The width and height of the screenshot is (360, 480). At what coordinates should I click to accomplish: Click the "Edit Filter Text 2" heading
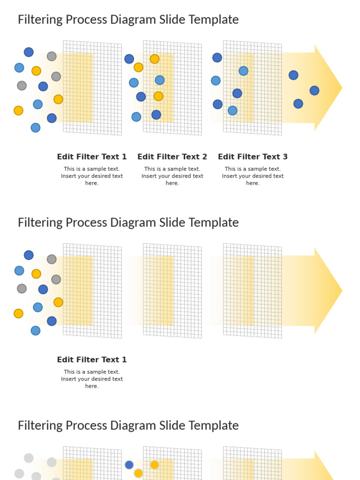point(172,157)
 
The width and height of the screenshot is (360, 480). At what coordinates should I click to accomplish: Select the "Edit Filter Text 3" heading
point(253,157)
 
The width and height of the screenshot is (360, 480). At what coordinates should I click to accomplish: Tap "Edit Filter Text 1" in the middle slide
point(92,360)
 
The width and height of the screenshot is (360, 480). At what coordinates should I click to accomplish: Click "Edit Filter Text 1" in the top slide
point(92,157)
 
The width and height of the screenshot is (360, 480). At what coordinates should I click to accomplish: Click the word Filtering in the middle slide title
point(39,223)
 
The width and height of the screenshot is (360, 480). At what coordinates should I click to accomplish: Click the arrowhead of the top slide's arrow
point(328,88)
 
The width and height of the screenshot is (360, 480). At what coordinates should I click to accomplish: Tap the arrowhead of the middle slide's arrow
point(328,291)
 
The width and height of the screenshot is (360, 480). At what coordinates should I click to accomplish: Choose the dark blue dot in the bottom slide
point(129,465)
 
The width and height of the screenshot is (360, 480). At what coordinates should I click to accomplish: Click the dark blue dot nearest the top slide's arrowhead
point(315,90)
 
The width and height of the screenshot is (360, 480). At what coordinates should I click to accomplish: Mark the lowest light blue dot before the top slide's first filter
point(36,127)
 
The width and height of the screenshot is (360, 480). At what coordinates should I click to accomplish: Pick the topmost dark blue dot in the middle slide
point(29,255)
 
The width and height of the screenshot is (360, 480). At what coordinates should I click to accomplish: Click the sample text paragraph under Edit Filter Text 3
point(253,176)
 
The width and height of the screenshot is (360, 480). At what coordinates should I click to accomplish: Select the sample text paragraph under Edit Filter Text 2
point(172,176)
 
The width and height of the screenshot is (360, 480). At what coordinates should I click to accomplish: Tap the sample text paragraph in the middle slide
point(92,379)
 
